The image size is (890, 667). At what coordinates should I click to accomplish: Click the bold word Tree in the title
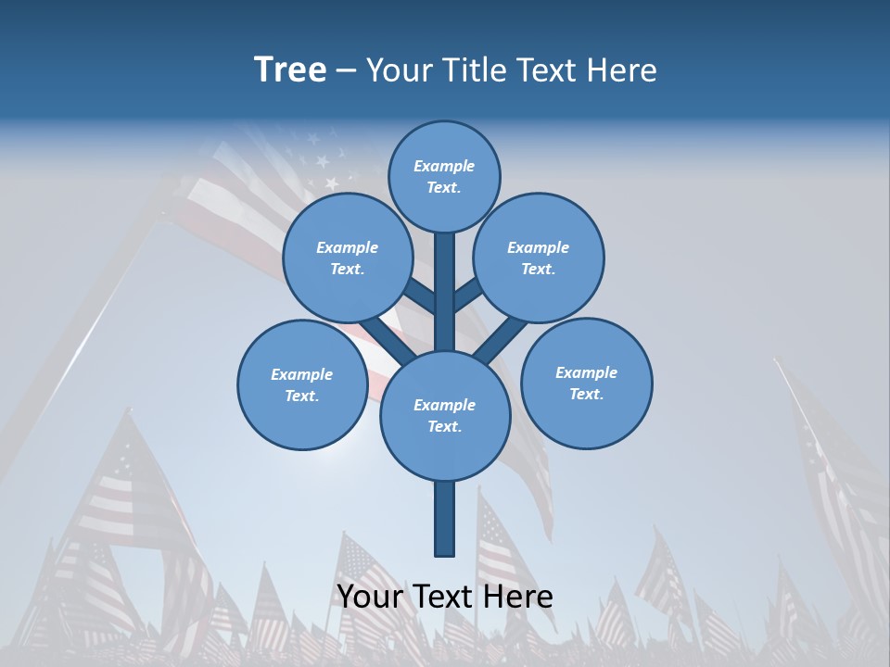pos(290,69)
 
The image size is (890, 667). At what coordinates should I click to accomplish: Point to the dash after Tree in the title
pos(346,71)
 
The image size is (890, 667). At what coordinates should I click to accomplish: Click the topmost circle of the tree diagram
pos(444,176)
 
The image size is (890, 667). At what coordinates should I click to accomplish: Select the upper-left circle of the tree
pos(348,258)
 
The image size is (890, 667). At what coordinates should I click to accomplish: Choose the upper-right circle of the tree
pos(539,258)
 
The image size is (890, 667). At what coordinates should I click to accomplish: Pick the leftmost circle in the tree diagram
pos(302,384)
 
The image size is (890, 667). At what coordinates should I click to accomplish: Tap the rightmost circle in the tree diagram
pos(587,383)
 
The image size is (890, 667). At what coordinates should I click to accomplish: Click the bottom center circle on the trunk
pos(445,415)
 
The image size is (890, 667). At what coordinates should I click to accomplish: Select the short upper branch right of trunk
pos(468,296)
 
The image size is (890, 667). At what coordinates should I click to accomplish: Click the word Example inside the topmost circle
pos(444,166)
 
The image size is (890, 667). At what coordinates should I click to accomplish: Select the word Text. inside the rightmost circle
pos(586,394)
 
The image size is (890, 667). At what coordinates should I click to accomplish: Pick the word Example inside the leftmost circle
pos(301,374)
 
